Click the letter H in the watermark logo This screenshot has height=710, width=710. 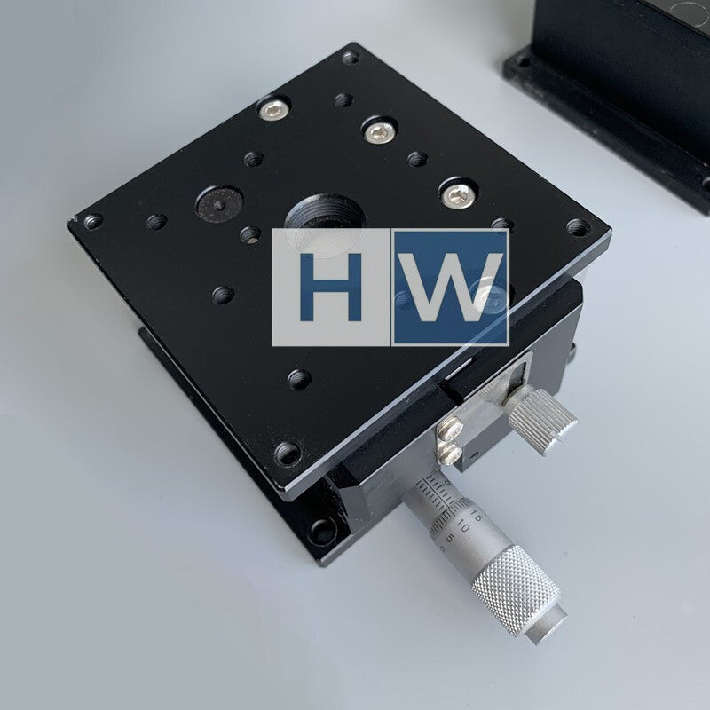pos(331,287)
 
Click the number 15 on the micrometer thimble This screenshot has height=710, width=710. pos(476,516)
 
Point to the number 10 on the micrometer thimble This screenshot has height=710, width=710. pos(462,526)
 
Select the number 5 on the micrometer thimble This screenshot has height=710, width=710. pos(450,539)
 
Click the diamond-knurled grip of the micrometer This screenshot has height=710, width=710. pos(516,588)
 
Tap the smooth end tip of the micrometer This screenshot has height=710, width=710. pos(547,625)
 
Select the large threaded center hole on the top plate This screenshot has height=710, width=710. pos(325,217)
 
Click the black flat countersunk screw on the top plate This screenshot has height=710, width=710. pos(219,204)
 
